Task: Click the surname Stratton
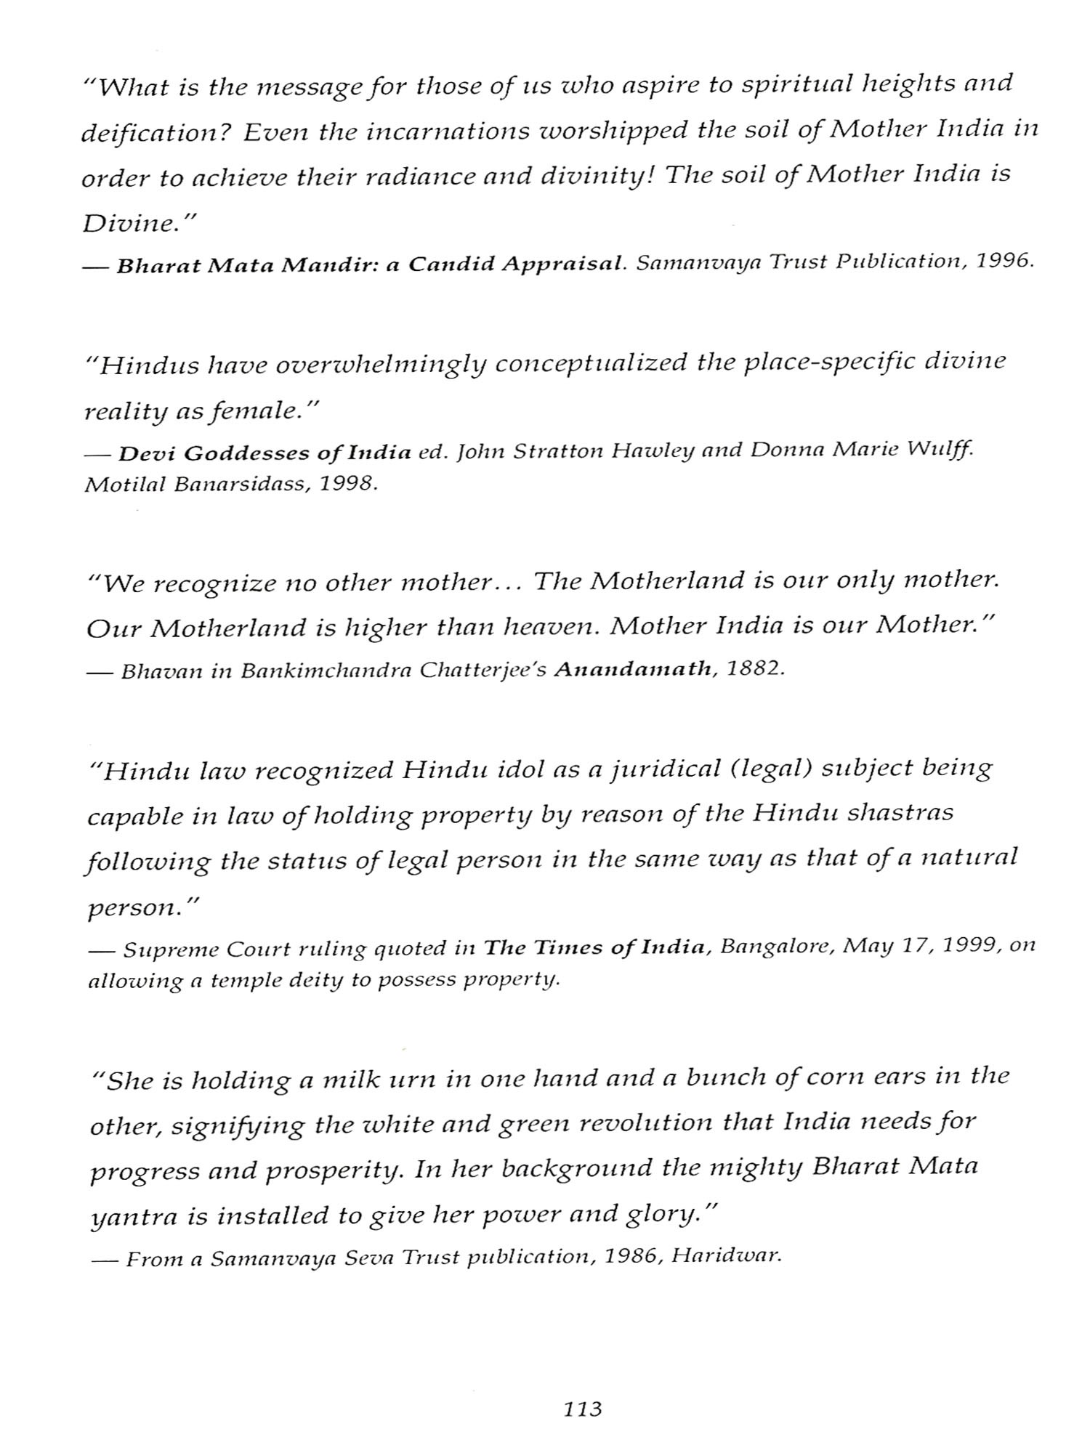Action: point(556,451)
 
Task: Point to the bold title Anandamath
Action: point(632,669)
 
